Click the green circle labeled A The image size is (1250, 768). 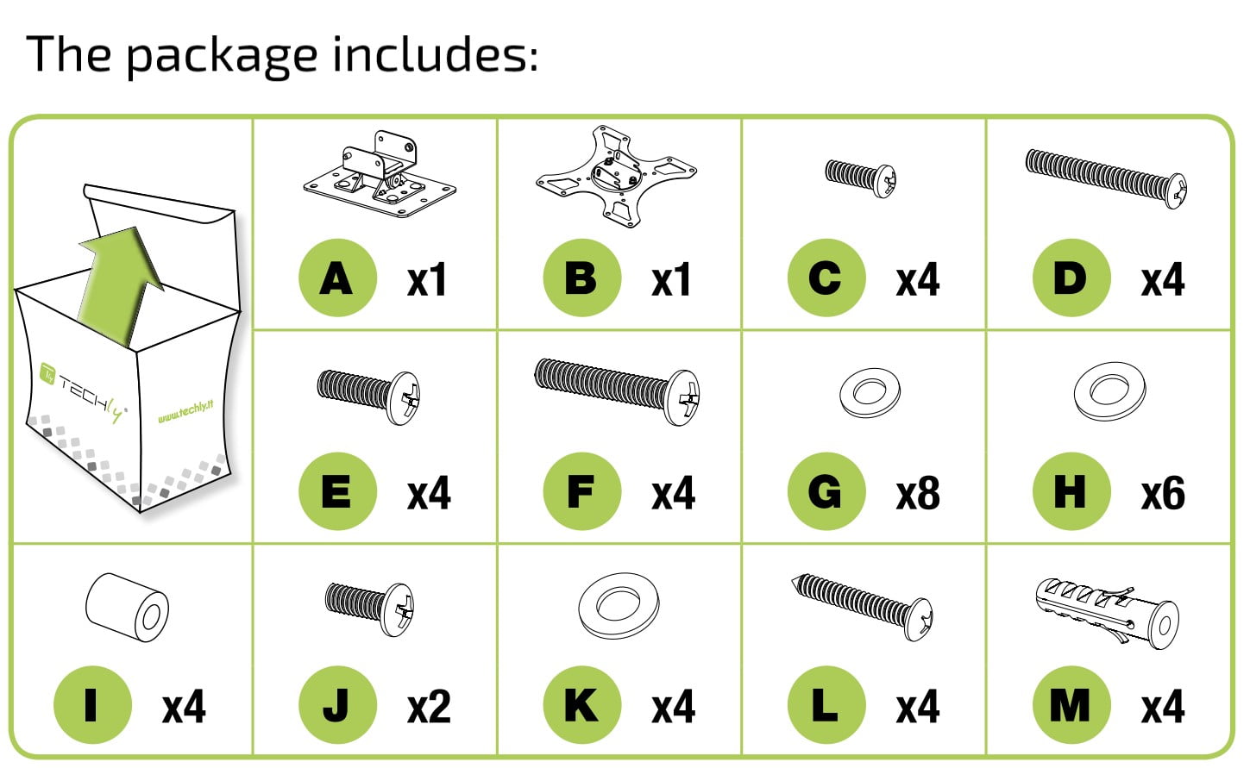pos(337,278)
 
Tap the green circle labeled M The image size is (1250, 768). pos(1071,705)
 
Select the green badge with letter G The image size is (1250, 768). pos(826,491)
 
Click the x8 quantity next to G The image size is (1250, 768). pos(918,493)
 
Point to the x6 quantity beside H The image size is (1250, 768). pos(1163,493)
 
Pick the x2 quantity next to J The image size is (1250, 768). pos(429,707)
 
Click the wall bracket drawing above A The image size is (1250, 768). pos(380,174)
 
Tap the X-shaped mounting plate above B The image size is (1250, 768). pos(616,176)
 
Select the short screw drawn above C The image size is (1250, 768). pos(860,178)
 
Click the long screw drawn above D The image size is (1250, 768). pos(1106,178)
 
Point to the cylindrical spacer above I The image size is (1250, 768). pos(127,608)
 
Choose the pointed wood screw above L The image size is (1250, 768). pos(862,608)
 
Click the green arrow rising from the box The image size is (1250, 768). pos(121,284)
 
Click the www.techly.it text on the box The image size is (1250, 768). pos(185,412)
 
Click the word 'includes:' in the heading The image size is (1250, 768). pos(436,54)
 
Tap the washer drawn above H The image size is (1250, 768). pos(1109,390)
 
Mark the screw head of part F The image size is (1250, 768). pos(682,397)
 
